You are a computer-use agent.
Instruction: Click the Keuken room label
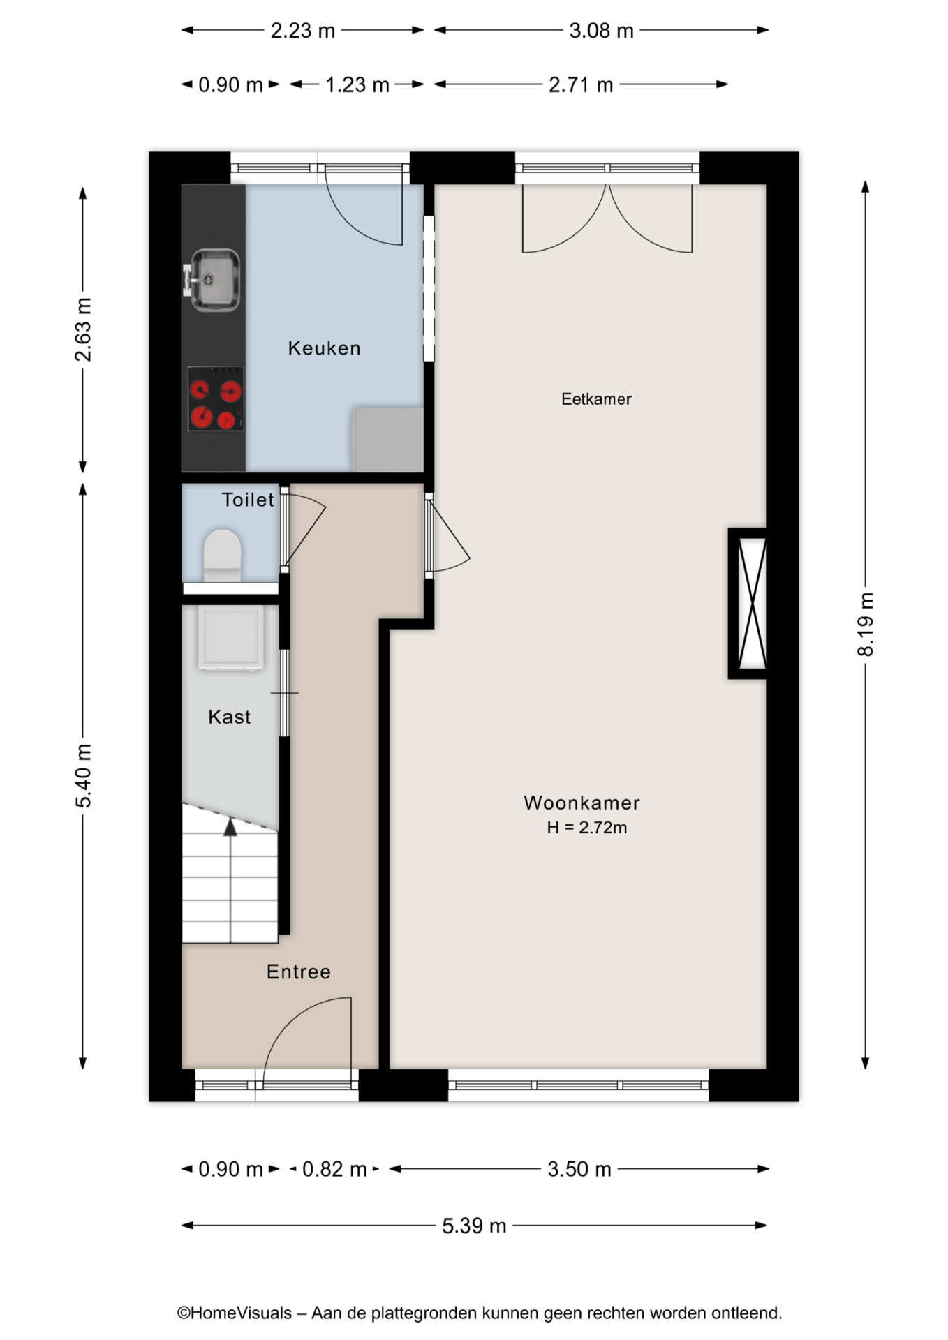coord(324,348)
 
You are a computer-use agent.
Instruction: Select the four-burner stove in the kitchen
coord(216,398)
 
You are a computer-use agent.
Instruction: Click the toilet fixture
coord(222,556)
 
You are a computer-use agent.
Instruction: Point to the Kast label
coord(229,717)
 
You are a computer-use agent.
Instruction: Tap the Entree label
coord(299,971)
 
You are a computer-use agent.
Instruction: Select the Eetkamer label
coord(596,399)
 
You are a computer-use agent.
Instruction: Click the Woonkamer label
coord(582,803)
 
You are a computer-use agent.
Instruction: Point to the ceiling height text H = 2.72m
coord(586,828)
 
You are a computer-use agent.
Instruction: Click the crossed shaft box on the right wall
coord(748,603)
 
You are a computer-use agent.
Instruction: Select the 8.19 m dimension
coord(866,625)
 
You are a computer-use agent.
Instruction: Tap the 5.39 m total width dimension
coord(474,1226)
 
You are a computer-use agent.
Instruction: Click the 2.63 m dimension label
coord(83,329)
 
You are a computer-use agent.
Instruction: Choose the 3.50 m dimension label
coord(579,1169)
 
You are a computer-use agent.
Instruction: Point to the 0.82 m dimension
coord(334,1169)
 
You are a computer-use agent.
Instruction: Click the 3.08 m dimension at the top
coord(601,31)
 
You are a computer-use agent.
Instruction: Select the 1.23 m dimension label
coord(357,85)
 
